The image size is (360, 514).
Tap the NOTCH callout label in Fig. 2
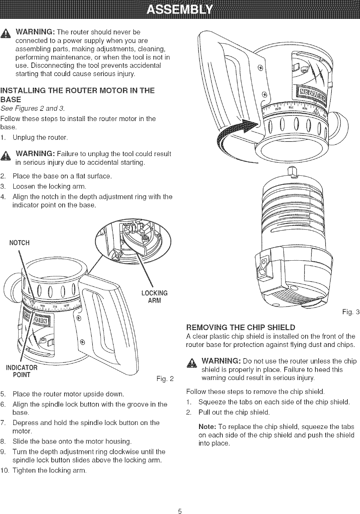(20, 243)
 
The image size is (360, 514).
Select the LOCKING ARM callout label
(154, 297)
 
